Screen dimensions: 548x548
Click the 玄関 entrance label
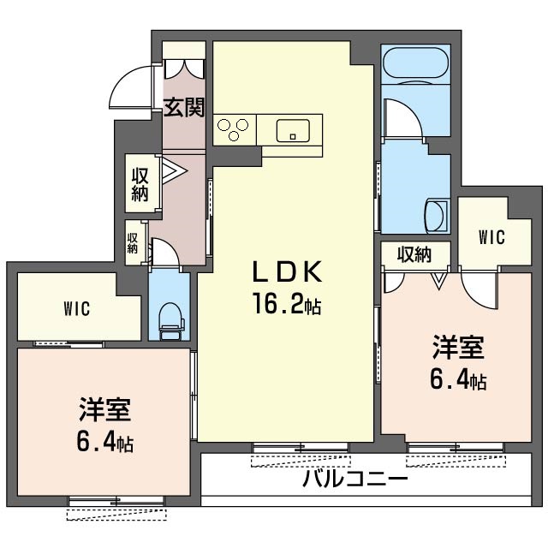click(x=184, y=107)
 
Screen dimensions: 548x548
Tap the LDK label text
click(x=287, y=272)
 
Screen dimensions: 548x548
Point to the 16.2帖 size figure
click(x=287, y=303)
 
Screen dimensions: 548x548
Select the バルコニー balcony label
click(x=355, y=479)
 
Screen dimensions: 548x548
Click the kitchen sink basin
click(x=293, y=131)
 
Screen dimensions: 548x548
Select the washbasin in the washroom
click(x=436, y=216)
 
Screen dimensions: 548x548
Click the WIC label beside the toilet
click(x=77, y=309)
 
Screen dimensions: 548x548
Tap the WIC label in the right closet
click(x=491, y=237)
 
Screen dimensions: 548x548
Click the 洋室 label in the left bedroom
click(x=104, y=409)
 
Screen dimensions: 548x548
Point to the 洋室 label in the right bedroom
click(x=458, y=347)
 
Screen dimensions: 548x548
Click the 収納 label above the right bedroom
click(x=414, y=254)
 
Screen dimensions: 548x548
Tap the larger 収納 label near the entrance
click(x=140, y=185)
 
